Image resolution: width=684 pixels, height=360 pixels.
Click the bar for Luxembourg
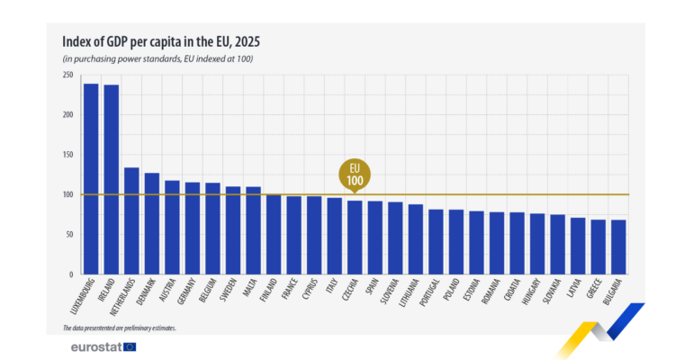91,179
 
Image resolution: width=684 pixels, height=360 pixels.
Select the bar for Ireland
112,180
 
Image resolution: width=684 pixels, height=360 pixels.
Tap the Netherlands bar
131,221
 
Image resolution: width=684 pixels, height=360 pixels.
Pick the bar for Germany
193,229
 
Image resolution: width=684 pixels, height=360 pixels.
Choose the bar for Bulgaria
619,247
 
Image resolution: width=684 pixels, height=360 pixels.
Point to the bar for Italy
335,237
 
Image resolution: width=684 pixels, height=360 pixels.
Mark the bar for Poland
456,242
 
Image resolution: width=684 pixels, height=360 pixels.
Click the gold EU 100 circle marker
355,174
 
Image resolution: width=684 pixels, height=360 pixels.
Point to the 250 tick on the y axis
67,75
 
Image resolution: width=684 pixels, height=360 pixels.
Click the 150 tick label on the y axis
67,155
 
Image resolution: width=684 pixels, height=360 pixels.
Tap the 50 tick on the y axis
69,235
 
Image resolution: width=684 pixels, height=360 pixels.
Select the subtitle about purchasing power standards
157,58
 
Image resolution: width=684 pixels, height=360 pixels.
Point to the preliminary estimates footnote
119,328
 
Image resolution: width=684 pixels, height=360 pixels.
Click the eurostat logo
103,346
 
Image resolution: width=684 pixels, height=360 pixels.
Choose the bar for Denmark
152,224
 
